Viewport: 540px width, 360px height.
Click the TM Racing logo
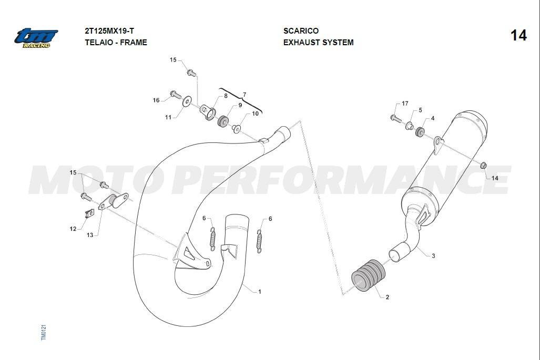(x=36, y=38)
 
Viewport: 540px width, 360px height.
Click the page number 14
(x=518, y=35)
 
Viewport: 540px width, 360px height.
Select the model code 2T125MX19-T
(x=109, y=31)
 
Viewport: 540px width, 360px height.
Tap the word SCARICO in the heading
(x=301, y=31)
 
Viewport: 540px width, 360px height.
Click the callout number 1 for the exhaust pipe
(x=260, y=292)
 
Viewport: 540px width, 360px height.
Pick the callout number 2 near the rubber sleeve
(x=388, y=297)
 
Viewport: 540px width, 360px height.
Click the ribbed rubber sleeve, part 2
(x=369, y=275)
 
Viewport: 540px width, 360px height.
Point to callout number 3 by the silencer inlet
(x=433, y=256)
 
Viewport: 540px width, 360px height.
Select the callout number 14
(x=495, y=178)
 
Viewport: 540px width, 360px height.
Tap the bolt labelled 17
(x=396, y=118)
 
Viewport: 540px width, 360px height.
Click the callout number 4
(x=433, y=118)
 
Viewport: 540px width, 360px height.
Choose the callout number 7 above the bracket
(x=244, y=95)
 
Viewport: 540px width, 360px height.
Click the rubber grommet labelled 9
(x=223, y=121)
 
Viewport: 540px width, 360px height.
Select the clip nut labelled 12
(x=89, y=214)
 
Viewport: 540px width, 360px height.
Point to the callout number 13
(x=90, y=235)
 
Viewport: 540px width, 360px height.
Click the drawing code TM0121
(x=44, y=332)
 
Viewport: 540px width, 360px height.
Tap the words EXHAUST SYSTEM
(x=319, y=43)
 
